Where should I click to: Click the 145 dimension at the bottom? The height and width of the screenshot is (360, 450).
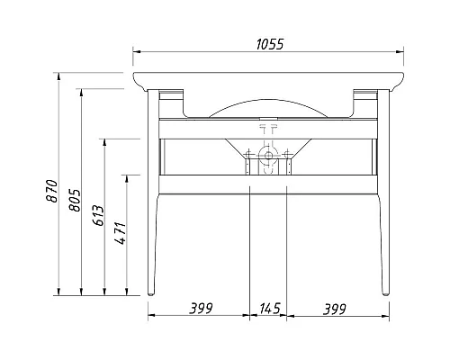(x=267, y=309)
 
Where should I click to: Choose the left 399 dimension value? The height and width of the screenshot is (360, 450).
(x=200, y=309)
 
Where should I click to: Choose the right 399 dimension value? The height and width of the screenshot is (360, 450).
(x=334, y=309)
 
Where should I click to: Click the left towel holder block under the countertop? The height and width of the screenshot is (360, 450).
(x=171, y=94)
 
